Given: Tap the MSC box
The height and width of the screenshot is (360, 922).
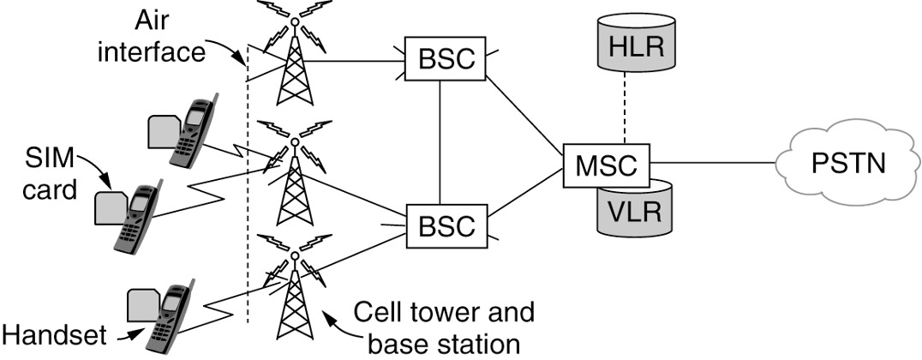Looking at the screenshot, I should click(607, 160).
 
